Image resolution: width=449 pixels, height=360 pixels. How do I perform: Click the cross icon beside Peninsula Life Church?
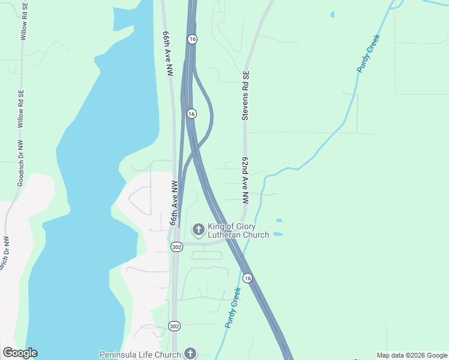coord(190,353)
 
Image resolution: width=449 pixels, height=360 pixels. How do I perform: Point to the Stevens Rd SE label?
coord(246,96)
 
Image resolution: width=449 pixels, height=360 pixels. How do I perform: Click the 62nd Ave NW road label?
coord(246,181)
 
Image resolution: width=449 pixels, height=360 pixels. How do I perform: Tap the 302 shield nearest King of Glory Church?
coord(176,247)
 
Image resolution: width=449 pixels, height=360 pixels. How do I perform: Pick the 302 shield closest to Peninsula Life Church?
coord(174,326)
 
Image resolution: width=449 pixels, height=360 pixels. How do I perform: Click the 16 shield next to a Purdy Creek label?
coord(247,278)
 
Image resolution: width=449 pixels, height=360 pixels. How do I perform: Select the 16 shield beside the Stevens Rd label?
coord(191,113)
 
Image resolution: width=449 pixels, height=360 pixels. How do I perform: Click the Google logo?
coord(20,353)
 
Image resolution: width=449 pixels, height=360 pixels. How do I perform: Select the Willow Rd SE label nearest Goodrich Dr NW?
coord(21,109)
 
